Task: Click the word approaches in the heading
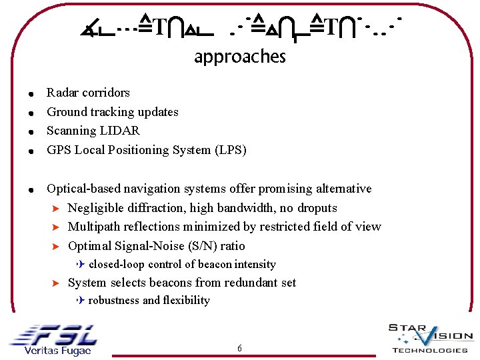239,57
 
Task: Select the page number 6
239,349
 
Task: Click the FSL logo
53,334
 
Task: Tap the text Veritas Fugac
57,351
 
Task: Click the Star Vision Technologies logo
429,337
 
